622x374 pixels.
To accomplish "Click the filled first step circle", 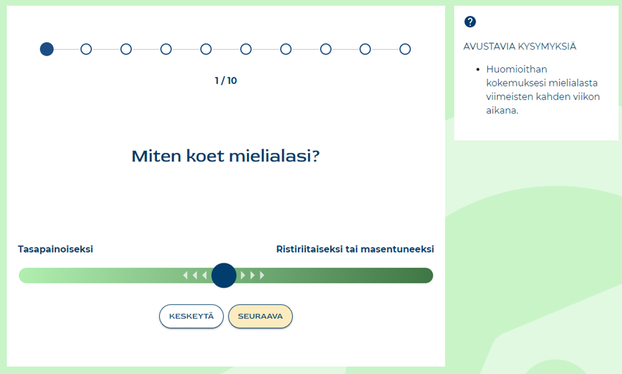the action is click(47, 49).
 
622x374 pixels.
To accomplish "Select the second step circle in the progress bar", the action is click(86, 49).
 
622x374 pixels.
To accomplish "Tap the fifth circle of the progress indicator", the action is click(206, 49).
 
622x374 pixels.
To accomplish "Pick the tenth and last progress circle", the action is click(405, 49).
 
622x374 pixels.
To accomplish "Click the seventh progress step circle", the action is click(286, 49).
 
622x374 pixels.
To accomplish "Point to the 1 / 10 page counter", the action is click(226, 81).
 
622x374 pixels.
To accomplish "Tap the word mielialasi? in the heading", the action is click(274, 156).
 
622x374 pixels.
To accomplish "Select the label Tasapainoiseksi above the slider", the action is click(55, 249).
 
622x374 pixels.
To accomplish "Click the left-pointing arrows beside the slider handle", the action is click(195, 275).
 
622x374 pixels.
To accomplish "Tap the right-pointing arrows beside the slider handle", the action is click(252, 275).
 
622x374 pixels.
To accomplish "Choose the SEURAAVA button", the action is click(260, 317).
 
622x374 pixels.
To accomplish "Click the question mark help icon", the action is click(470, 22).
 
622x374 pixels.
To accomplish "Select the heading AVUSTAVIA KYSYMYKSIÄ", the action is click(519, 47).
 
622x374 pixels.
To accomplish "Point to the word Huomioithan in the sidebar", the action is click(516, 69).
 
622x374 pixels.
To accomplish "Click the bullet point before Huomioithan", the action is click(478, 70).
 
